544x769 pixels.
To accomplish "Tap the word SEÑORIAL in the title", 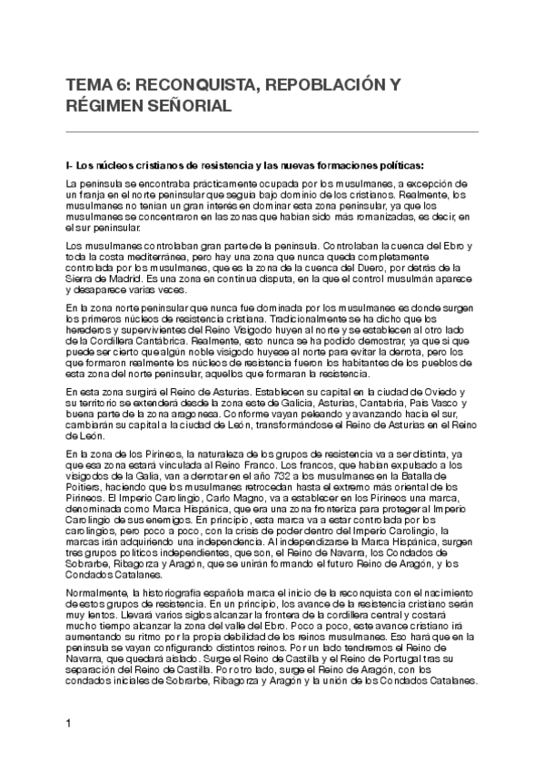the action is [191, 107].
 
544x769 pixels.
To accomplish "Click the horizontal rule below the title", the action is [272, 132].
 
